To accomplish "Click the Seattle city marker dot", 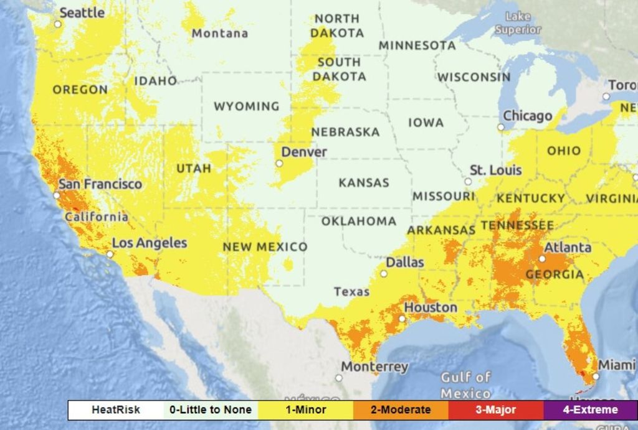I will tap(58, 24).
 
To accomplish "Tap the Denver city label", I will tap(304, 152).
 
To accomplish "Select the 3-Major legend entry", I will tap(495, 409).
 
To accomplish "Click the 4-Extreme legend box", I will tap(590, 409).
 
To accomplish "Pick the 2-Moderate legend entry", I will tap(400, 409).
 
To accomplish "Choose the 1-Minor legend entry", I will tap(306, 409).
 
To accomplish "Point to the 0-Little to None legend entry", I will tap(211, 409).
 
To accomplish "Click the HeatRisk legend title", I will tap(116, 409).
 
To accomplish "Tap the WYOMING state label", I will tap(247, 106).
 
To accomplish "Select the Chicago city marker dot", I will tap(501, 127).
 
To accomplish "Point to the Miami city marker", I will tap(596, 376).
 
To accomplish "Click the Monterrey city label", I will tap(374, 367).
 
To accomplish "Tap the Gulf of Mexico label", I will tap(465, 385).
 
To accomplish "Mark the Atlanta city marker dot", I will tap(542, 259).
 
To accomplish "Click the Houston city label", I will tap(431, 307).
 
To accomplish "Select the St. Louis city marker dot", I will tap(468, 182).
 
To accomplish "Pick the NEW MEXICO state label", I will tap(265, 247).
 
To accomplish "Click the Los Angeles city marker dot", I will tap(110, 255).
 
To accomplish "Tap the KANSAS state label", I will tap(364, 183).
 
